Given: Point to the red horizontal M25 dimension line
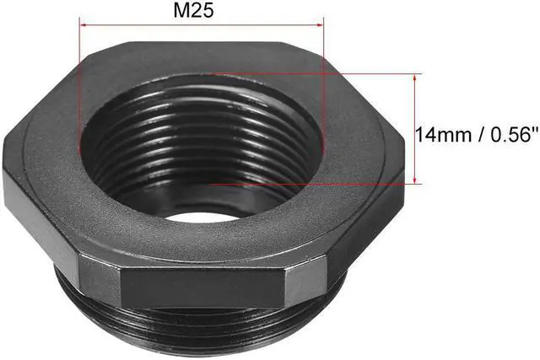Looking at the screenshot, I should point(202,26).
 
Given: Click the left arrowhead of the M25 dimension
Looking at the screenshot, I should point(84,26).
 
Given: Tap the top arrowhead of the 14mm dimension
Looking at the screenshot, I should point(416,78).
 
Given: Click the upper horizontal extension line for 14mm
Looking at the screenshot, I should point(337,73).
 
